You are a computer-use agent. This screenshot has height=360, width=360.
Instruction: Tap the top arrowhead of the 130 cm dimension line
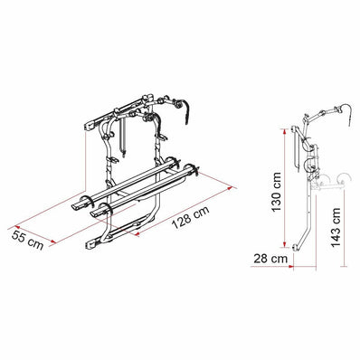tap(288, 129)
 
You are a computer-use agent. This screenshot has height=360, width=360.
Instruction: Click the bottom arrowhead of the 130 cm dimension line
tap(288, 250)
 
